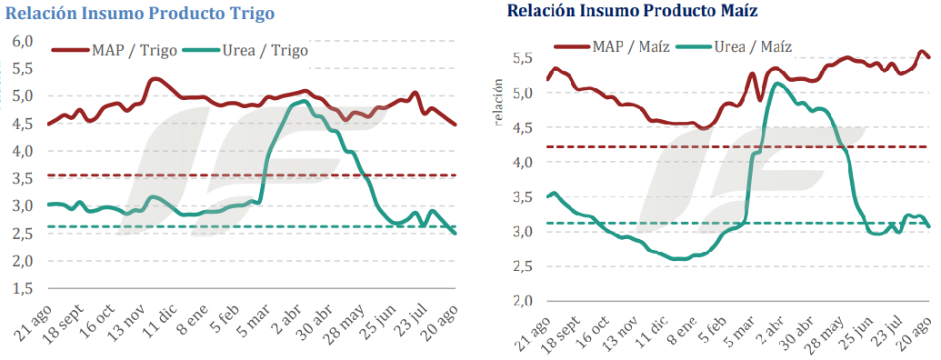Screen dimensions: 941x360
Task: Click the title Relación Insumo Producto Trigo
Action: (140, 14)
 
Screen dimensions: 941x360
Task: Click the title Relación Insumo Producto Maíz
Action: (632, 11)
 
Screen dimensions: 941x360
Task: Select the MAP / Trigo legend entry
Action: (115, 50)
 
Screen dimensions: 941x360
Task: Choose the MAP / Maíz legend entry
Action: (612, 46)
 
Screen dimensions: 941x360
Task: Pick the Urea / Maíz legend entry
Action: (735, 46)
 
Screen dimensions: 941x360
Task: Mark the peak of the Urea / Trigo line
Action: (303, 102)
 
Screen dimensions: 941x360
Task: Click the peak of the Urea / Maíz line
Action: (776, 84)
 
